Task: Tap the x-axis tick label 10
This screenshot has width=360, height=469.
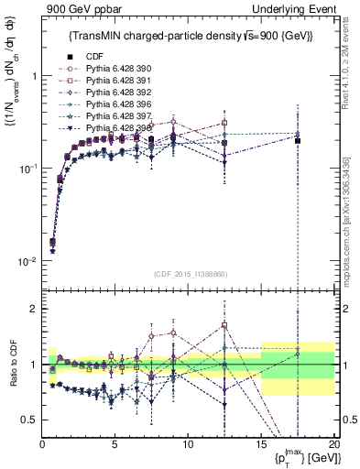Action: pyautogui.click(x=187, y=444)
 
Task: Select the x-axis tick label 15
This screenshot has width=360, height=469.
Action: pyautogui.click(x=260, y=444)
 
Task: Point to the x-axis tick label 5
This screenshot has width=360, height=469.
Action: pyautogui.click(x=115, y=444)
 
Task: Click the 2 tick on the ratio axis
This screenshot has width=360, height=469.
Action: pyautogui.click(x=34, y=309)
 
